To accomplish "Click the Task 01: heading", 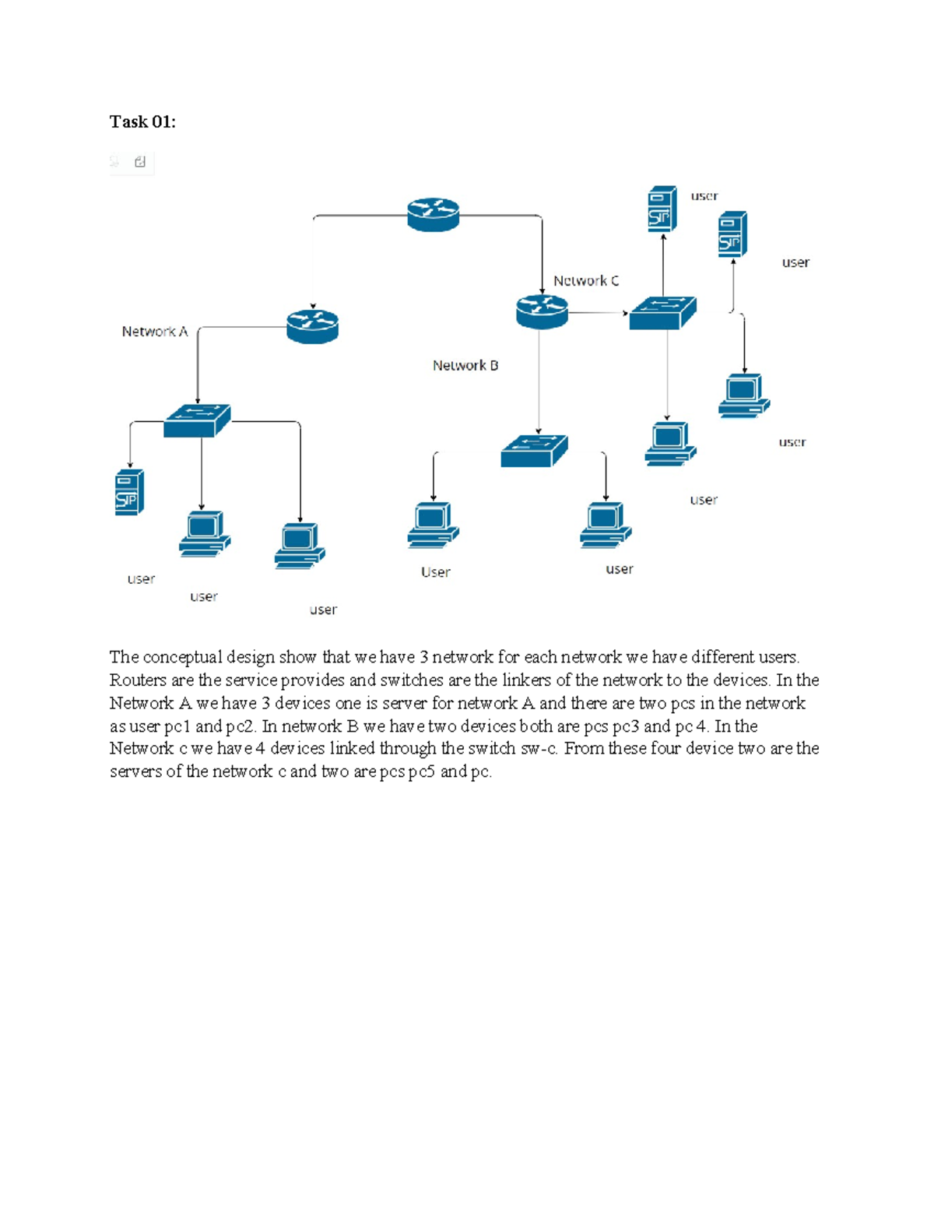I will click(x=142, y=121).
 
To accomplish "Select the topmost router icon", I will click(x=434, y=214).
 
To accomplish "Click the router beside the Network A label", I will click(x=312, y=325).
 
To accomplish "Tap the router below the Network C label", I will click(x=542, y=311).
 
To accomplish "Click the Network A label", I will click(x=155, y=332).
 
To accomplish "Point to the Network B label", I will click(x=465, y=365).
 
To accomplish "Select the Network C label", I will click(x=586, y=280).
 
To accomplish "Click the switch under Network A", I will click(x=197, y=420).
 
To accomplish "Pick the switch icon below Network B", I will click(x=534, y=451).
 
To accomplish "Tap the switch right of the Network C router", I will click(x=662, y=313).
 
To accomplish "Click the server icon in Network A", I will click(x=129, y=492).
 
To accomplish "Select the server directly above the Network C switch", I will click(x=662, y=209).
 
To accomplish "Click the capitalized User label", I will click(x=436, y=572).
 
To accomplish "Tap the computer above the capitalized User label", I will click(x=434, y=525).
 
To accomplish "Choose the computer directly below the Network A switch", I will click(x=205, y=533).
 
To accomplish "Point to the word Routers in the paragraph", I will click(x=138, y=680).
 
